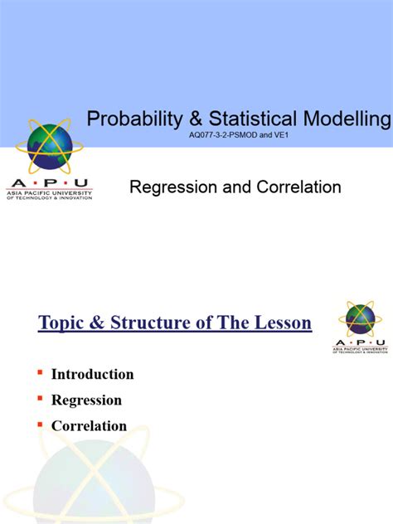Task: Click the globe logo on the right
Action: click(360, 319)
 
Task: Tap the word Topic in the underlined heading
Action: click(64, 323)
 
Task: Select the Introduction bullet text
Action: click(92, 374)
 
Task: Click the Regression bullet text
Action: click(86, 400)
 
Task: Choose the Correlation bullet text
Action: click(89, 426)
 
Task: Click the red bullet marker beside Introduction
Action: click(40, 373)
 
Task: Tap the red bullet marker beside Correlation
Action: click(40, 425)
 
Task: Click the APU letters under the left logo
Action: click(49, 182)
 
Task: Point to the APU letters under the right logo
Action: click(360, 342)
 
